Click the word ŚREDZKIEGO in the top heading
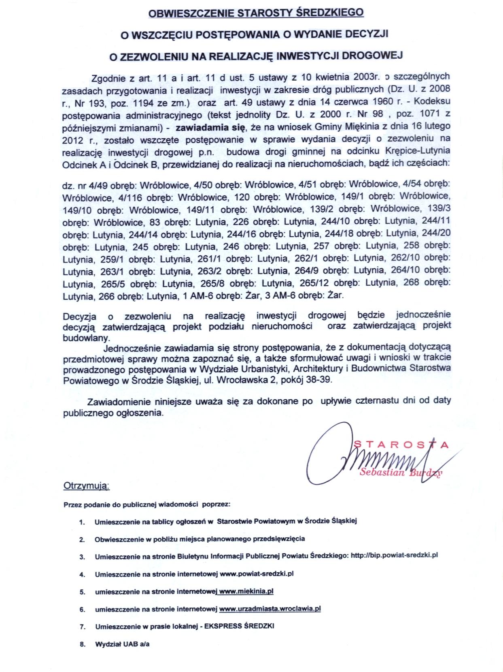[328, 13]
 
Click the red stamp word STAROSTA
[401, 445]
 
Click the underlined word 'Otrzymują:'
[87, 486]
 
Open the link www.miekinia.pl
[246, 591]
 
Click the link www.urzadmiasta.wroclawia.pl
[270, 609]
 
